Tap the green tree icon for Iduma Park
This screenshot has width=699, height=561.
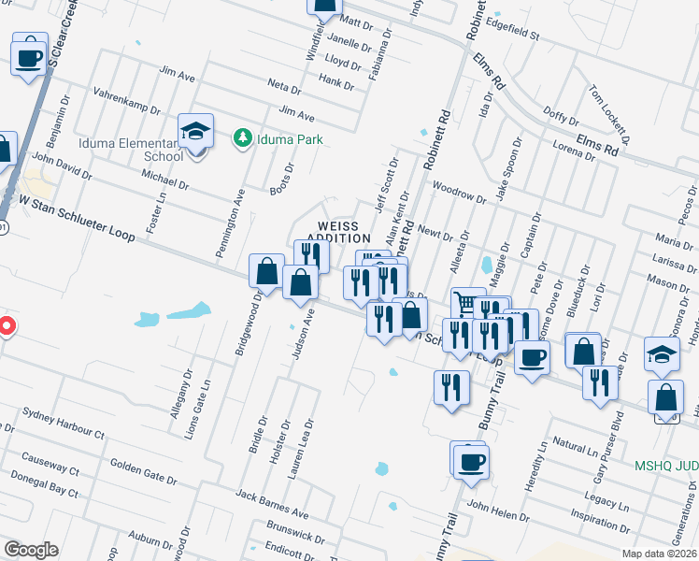point(242,138)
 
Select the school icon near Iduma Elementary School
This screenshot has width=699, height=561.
point(196,131)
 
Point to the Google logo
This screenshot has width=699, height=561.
point(31,550)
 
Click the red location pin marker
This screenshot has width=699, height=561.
point(6,326)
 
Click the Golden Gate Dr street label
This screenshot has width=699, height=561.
point(144,472)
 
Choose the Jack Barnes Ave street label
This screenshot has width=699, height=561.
point(272,503)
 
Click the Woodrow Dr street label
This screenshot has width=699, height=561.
point(461,194)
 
